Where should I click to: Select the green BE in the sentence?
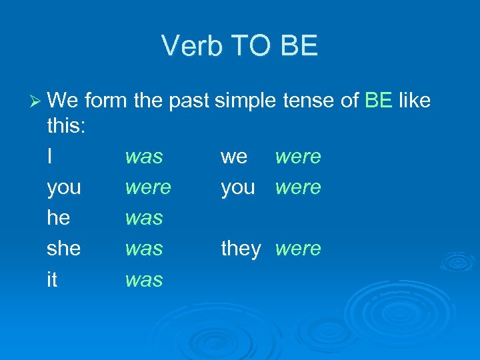[x=379, y=101]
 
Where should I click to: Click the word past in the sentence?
[x=187, y=102]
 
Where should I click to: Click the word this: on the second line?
[x=66, y=127]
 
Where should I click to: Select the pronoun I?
[x=51, y=157]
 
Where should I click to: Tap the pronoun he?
[x=59, y=218]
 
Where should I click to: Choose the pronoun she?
[x=64, y=249]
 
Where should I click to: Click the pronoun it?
[x=52, y=279]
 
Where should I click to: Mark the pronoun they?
[x=241, y=249]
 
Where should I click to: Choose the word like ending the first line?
[x=415, y=101]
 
